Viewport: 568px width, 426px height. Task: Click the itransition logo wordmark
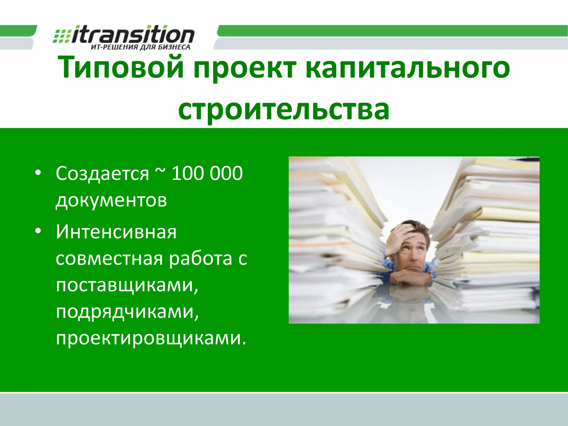pyautogui.click(x=133, y=35)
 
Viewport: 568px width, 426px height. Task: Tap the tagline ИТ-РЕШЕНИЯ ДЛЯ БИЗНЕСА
pyautogui.click(x=141, y=47)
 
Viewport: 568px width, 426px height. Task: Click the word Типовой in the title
pyautogui.click(x=121, y=67)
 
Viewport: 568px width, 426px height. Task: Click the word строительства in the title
pyautogui.click(x=284, y=110)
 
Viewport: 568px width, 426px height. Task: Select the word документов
pyautogui.click(x=111, y=200)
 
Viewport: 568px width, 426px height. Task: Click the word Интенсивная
pyautogui.click(x=116, y=232)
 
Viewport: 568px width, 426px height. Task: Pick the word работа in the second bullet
pyautogui.click(x=200, y=259)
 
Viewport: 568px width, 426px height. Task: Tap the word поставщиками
pyautogui.click(x=127, y=285)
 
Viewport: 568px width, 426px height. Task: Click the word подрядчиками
pyautogui.click(x=127, y=312)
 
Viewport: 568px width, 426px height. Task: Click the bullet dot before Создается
pyautogui.click(x=38, y=173)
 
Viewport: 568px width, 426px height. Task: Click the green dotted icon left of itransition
pyautogui.click(x=62, y=36)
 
